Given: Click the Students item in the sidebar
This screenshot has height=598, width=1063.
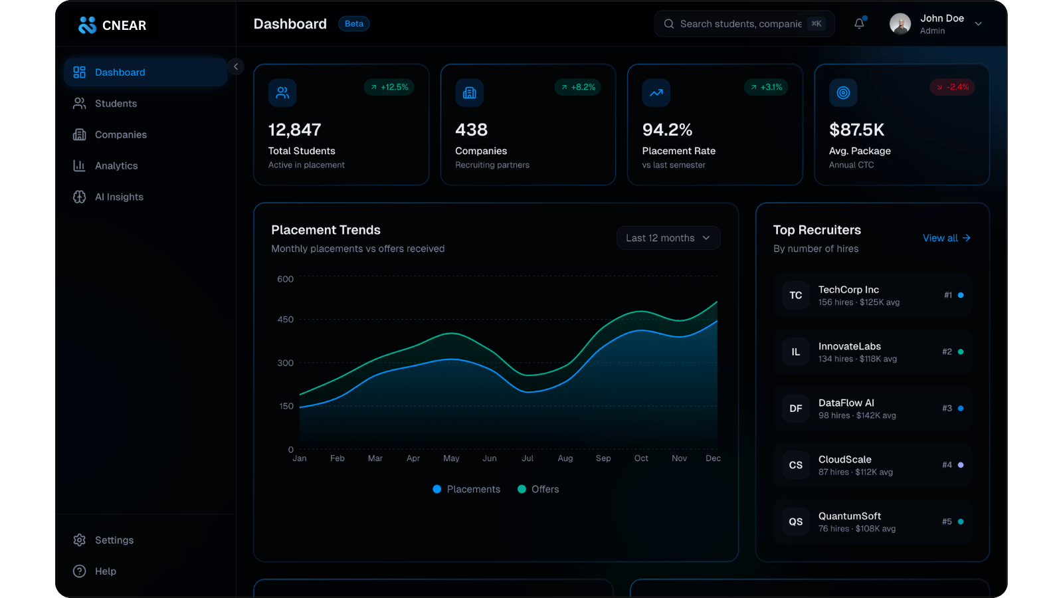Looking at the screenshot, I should coord(116,104).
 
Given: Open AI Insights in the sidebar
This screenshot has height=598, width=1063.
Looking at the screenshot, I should coord(119,197).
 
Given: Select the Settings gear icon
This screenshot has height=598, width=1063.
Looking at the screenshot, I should coord(80,540).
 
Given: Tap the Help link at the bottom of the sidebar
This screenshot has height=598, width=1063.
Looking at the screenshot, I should coord(105,571).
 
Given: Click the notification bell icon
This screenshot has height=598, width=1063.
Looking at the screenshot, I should coord(859,24).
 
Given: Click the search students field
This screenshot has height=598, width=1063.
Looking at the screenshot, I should coord(740,24).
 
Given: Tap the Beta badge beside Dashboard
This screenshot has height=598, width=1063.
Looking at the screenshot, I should coord(354,24).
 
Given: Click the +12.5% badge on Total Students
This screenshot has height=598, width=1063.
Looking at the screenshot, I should coord(389,87).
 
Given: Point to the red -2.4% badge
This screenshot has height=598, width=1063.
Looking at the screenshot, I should coord(952,87).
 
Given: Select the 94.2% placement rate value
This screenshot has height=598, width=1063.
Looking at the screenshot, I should coord(667,130).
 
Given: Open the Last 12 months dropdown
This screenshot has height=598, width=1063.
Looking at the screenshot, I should coord(668,238).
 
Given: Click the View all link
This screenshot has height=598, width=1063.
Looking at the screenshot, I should coord(946,238).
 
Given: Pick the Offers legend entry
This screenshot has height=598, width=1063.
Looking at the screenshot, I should coord(539,489).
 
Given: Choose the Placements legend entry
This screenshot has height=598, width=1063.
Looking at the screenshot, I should coord(466,489).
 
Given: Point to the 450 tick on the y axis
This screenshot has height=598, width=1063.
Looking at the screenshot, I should coord(285,320).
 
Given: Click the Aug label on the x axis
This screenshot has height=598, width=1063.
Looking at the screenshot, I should coord(565,458).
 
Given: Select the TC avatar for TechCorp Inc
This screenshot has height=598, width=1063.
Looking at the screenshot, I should coord(795,296).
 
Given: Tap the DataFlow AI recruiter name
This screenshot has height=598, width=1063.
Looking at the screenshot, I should coord(846,403).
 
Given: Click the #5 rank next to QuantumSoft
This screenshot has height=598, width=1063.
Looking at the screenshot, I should coord(947,522).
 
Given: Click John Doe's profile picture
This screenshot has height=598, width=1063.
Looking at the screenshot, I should coord(900,24).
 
